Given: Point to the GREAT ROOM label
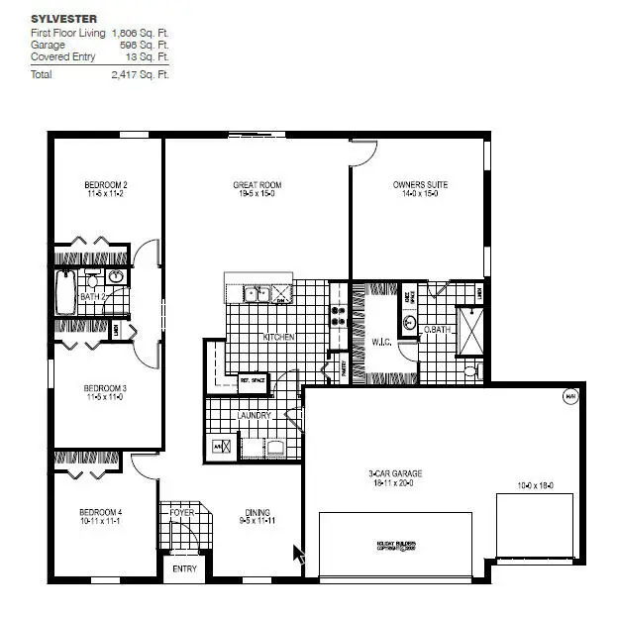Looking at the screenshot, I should pyautogui.click(x=257, y=184).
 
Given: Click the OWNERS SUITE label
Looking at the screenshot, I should pyautogui.click(x=420, y=184).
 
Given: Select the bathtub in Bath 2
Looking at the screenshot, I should pyautogui.click(x=66, y=294).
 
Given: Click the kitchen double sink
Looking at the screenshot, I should pyautogui.click(x=257, y=293).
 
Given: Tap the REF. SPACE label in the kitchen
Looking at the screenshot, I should pyautogui.click(x=254, y=378).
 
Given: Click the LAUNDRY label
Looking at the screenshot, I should pyautogui.click(x=254, y=416).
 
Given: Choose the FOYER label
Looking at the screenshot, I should pyautogui.click(x=182, y=513).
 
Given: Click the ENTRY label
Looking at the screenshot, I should pyautogui.click(x=184, y=568).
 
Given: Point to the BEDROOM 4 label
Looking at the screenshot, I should pyautogui.click(x=100, y=512).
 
